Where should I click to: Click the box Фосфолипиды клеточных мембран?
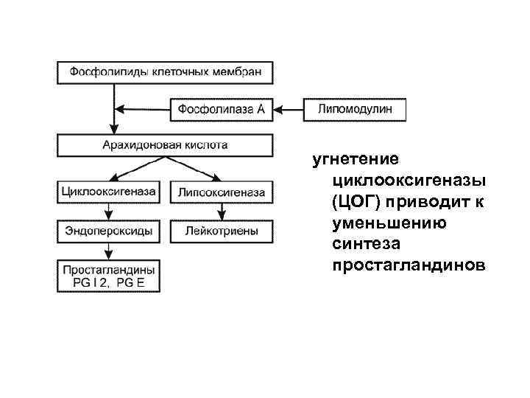point(165,72)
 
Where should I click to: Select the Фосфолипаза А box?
point(221,109)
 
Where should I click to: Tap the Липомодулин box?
point(355,109)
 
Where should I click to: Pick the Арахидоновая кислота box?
point(165,144)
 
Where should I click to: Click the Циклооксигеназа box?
point(109,192)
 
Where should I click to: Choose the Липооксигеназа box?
point(221,192)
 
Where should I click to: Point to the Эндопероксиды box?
point(109,231)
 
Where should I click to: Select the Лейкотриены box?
point(221,231)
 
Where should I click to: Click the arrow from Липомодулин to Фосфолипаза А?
point(288,110)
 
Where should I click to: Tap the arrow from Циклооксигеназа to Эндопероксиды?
point(109,212)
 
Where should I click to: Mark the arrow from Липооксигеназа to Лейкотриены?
point(221,212)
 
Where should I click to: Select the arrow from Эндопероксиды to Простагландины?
point(109,250)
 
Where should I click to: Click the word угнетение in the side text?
point(356,158)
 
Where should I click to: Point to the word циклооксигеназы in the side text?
point(409,180)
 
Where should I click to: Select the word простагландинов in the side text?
point(409,265)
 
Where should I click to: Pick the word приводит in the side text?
point(428,201)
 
